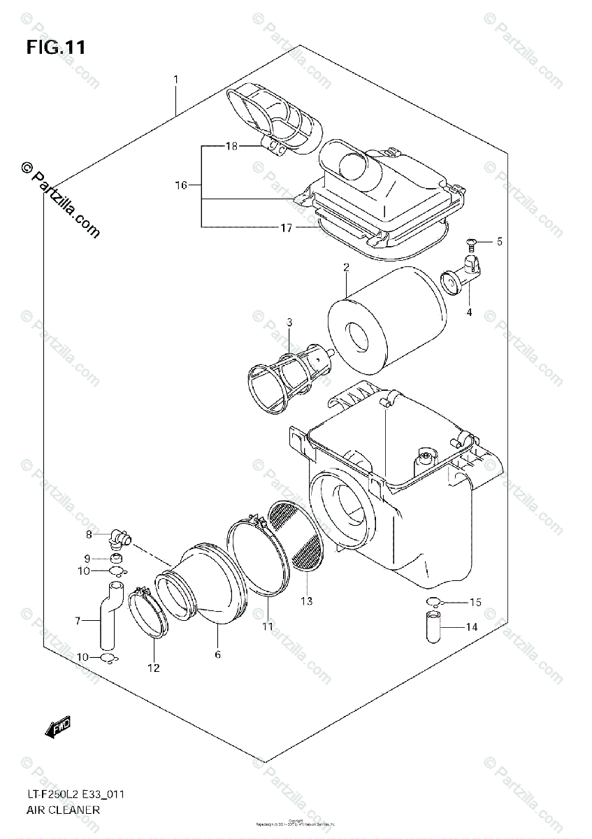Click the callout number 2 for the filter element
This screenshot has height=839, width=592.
pyautogui.click(x=345, y=268)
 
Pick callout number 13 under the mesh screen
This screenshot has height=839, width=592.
pyautogui.click(x=307, y=601)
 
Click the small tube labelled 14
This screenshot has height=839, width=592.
pyautogui.click(x=432, y=626)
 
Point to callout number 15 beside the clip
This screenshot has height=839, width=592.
pyautogui.click(x=476, y=602)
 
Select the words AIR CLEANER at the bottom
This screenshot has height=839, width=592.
pyautogui.click(x=64, y=810)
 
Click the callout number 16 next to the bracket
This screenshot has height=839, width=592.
pyautogui.click(x=182, y=185)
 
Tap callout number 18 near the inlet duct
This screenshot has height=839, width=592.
pyautogui.click(x=232, y=146)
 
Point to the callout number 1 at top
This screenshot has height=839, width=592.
pyautogui.click(x=176, y=80)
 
